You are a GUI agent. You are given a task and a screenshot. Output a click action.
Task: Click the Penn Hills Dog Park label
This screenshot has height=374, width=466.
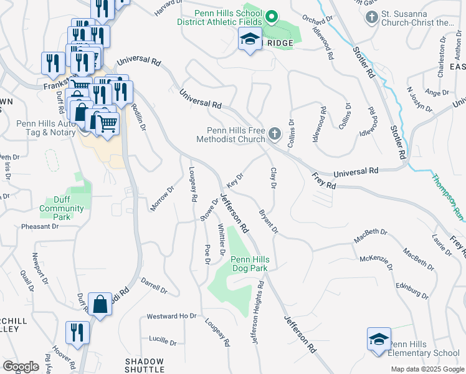(249, 264)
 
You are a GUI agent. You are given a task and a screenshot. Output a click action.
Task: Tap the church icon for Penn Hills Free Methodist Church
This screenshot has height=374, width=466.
(275, 133)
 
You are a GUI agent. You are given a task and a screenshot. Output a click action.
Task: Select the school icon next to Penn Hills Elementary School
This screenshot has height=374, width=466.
(379, 340)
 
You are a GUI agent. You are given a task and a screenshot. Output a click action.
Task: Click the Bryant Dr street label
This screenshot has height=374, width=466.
(269, 222)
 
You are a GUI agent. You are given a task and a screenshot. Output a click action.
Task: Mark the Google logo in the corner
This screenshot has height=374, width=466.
(21, 367)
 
